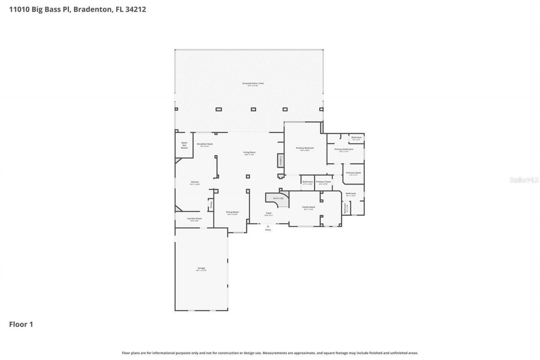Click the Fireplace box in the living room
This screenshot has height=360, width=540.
[280, 161]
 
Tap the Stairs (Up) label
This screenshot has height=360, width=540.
[278, 198]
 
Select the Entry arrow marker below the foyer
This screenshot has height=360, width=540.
[268, 227]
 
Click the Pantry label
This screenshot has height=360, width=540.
[211, 205]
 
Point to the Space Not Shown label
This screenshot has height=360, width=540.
[184, 145]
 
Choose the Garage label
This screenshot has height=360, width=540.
[201, 268]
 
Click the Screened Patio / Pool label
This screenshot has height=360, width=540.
[253, 83]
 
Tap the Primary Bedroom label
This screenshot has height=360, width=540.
[305, 148]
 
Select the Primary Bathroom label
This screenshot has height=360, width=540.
[344, 149]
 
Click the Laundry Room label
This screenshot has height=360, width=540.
[194, 218]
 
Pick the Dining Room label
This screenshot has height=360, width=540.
[232, 212]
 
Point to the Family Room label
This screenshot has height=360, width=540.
[308, 207]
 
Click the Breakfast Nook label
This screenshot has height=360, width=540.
[205, 144]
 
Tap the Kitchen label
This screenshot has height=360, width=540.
[194, 182]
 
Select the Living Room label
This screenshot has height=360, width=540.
[249, 152]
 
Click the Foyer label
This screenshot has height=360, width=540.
[268, 213]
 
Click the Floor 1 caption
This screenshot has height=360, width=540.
[21, 325]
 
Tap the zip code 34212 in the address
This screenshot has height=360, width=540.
[136, 9]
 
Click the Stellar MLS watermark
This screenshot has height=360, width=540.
[524, 180]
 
